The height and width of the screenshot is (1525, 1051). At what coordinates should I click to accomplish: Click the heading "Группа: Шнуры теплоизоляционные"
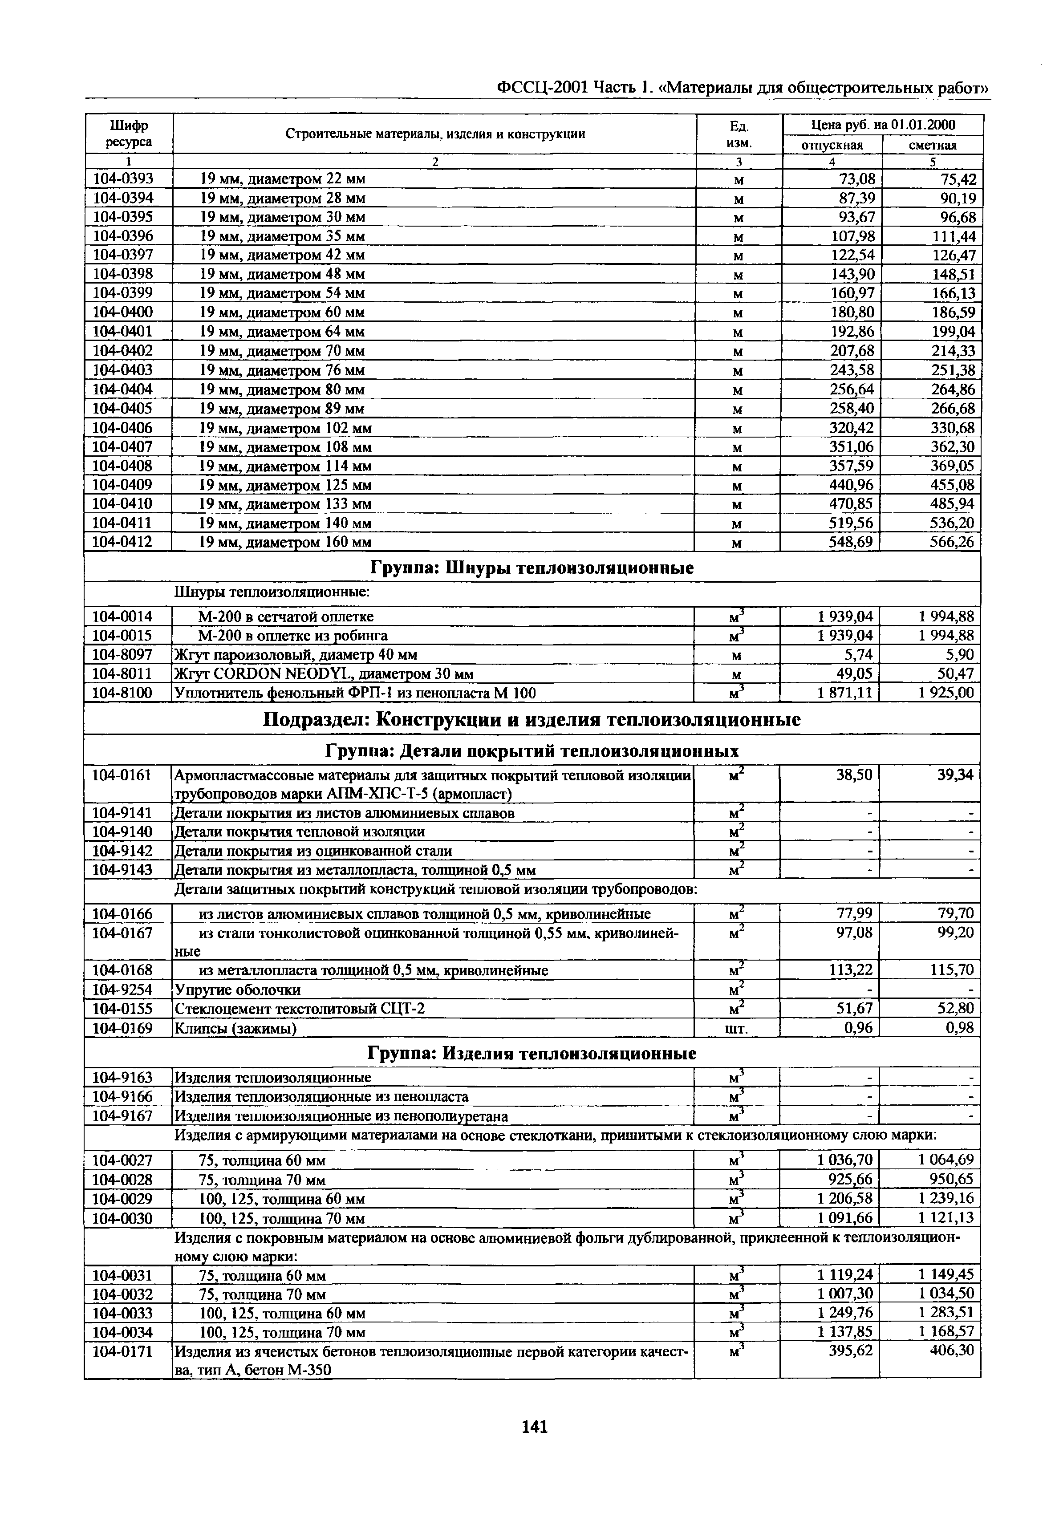(x=532, y=568)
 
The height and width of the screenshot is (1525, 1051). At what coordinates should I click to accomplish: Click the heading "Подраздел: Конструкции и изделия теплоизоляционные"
(x=532, y=719)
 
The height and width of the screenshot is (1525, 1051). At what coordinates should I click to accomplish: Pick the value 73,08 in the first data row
(x=856, y=179)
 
